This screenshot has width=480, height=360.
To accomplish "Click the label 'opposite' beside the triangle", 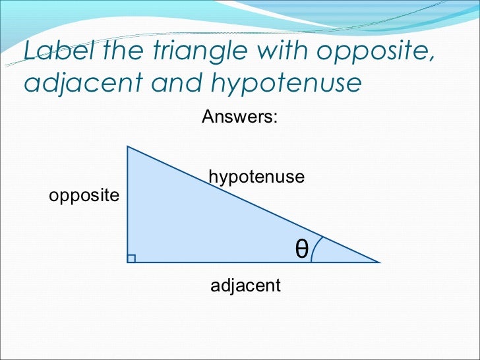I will coord(84,196).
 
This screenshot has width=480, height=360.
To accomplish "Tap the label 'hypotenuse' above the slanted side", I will coord(256,177).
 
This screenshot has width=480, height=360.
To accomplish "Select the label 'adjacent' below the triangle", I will coord(245,285).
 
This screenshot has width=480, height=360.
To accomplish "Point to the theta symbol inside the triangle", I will coord(301,248).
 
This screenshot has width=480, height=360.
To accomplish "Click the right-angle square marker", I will coord(131,258).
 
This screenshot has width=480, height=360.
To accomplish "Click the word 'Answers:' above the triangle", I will coord(239,117).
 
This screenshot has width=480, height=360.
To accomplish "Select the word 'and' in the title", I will coord(179,84).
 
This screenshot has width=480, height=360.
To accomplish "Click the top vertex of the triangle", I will coord(127,146).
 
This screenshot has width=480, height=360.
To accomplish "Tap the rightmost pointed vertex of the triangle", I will coord(379,262).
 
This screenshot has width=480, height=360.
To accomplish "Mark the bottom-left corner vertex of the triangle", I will coord(127,262).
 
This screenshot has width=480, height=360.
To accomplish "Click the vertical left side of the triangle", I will coord(127,204).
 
